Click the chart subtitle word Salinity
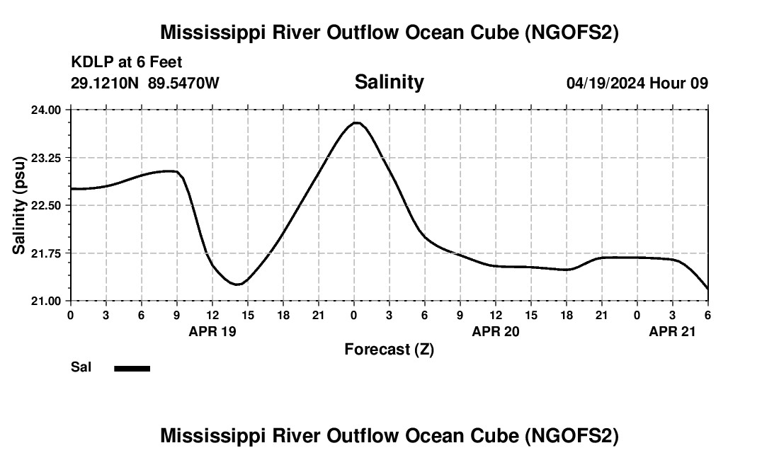pos(389,82)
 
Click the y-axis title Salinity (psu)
pos(19,205)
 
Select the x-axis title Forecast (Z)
pos(389,349)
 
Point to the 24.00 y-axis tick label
pos(46,110)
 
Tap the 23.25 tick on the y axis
pos(46,158)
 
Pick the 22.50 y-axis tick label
pos(46,205)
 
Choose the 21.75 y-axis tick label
pos(46,253)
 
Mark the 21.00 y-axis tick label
pos(46,301)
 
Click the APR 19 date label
pos(212,331)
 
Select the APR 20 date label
pos(496,331)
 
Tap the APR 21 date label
pos(673,331)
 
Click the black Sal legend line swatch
pos(132,368)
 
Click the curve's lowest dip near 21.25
pos(239,284)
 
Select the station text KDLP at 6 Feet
pos(127,63)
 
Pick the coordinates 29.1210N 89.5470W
pos(145,83)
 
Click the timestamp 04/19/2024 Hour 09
pos(637,83)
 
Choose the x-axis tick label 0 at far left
pos(70,315)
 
